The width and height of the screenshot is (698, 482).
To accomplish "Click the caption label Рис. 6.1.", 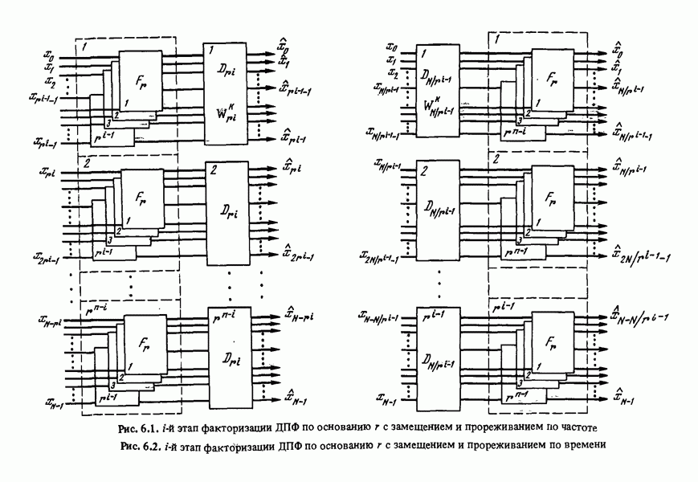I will tap(138, 426).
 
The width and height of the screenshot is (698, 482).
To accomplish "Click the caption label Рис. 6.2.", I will tap(138, 443).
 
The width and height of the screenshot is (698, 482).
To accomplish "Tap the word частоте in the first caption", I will tap(572, 426).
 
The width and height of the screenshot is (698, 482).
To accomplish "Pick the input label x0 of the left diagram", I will tap(49, 58).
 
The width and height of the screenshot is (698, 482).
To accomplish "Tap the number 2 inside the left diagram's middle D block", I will tap(214, 170).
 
